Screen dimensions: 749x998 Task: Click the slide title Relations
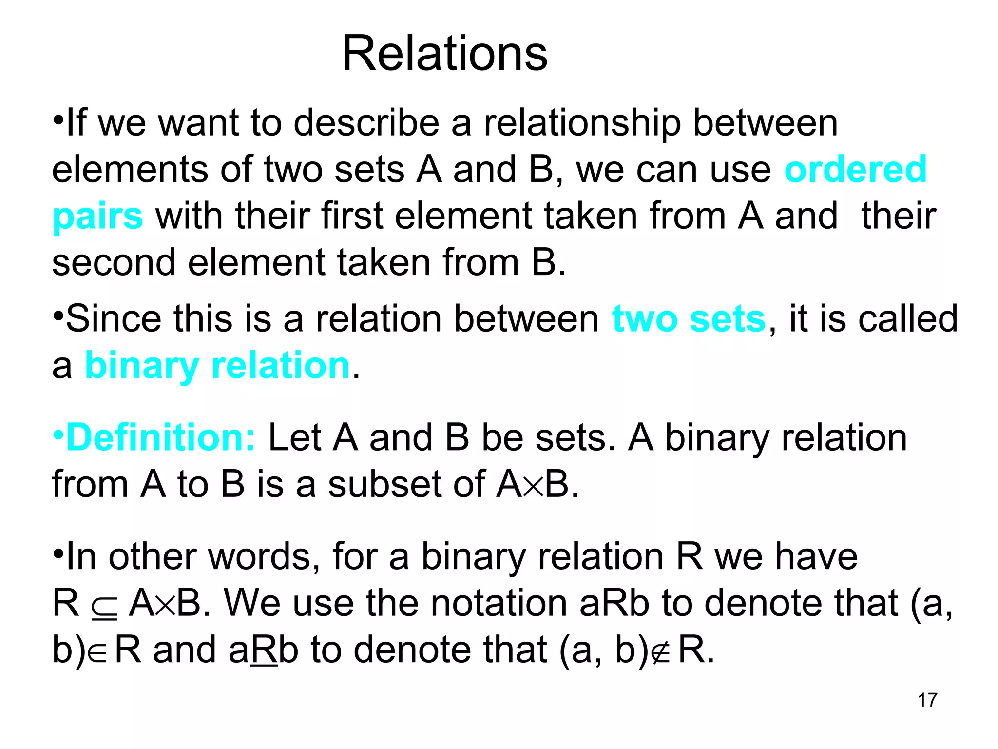444,54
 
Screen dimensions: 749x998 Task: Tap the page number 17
927,700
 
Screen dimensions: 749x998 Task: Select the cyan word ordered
855,169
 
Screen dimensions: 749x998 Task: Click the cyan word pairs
97,216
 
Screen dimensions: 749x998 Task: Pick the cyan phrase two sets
689,318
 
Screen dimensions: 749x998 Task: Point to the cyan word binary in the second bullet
142,366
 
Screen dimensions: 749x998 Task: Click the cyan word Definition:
160,437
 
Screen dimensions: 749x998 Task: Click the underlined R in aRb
264,650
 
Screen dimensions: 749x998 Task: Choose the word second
114,262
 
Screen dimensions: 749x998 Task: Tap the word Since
113,318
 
